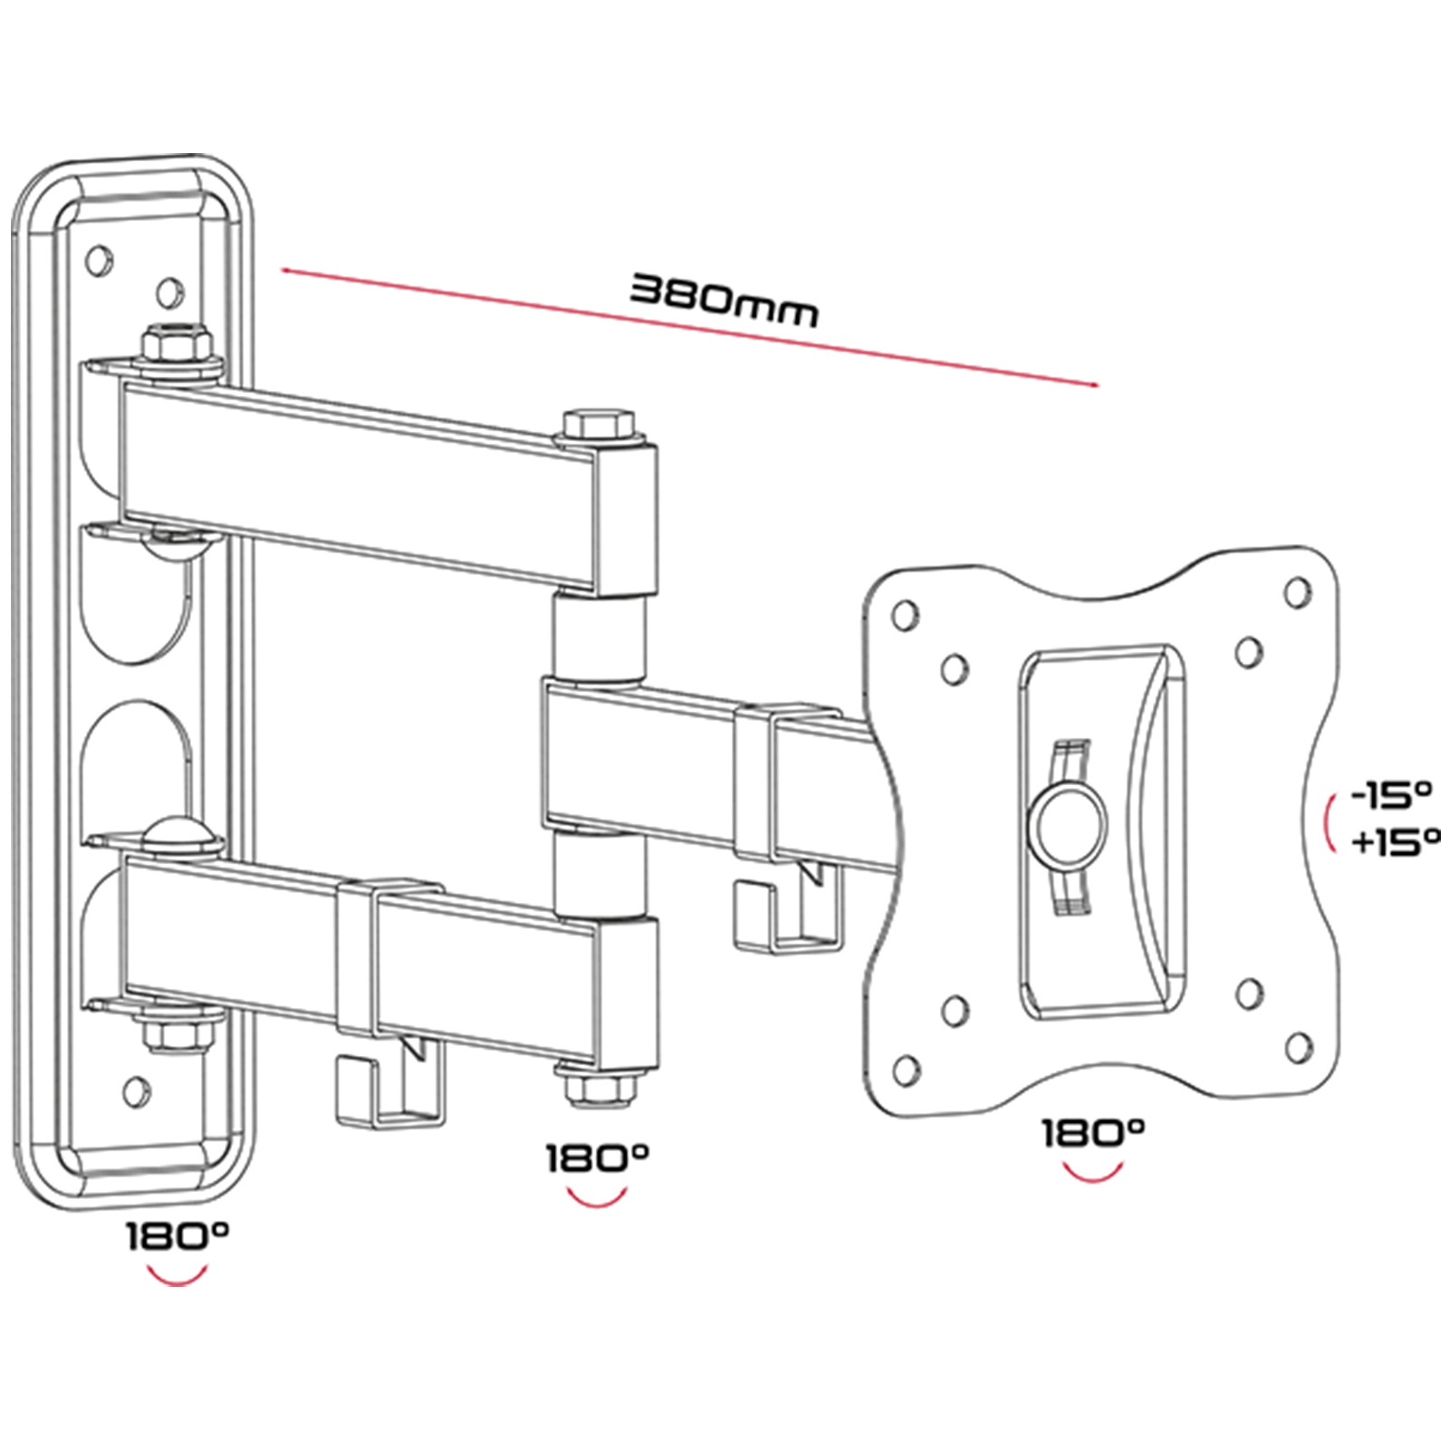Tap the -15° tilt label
tap(1391, 795)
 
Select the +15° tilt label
tap(1395, 842)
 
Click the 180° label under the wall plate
tap(178, 1235)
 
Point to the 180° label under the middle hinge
tap(597, 1158)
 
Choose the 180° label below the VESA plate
tap(1093, 1133)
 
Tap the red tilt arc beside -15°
tap(1329, 822)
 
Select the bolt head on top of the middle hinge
tap(600, 426)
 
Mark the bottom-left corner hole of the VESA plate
tap(905, 1070)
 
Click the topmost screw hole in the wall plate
tap(98, 261)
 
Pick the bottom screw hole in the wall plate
tap(137, 1092)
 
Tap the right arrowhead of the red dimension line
tap(1093, 384)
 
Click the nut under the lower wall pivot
tap(178, 1032)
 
